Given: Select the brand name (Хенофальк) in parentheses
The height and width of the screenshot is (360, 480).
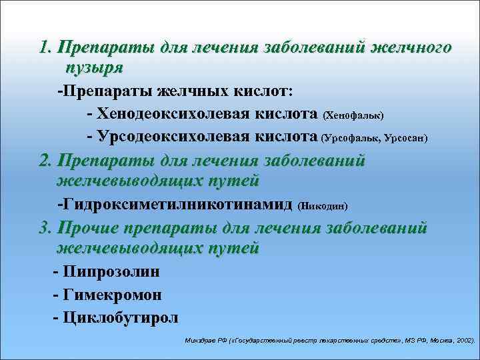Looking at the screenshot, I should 353,116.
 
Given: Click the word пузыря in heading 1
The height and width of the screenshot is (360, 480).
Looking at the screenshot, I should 94,67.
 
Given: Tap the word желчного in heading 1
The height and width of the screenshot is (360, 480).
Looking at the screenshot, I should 409,48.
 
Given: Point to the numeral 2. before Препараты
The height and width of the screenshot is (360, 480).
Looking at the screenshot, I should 46,161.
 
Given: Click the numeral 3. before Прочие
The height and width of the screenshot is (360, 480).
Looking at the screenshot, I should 46,228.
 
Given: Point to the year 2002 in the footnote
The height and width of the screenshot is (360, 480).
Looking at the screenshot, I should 462,339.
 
